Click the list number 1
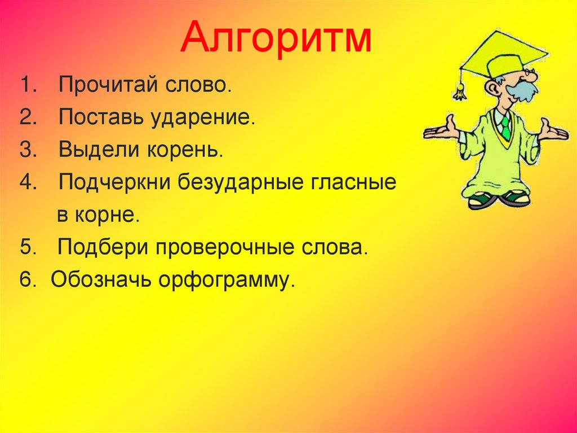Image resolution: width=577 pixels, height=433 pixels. pyautogui.click(x=27, y=86)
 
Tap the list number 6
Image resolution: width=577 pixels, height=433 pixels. pyautogui.click(x=27, y=281)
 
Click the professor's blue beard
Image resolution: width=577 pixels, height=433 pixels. pyautogui.click(x=522, y=90)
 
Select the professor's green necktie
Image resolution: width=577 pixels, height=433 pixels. pyautogui.click(x=505, y=126)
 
